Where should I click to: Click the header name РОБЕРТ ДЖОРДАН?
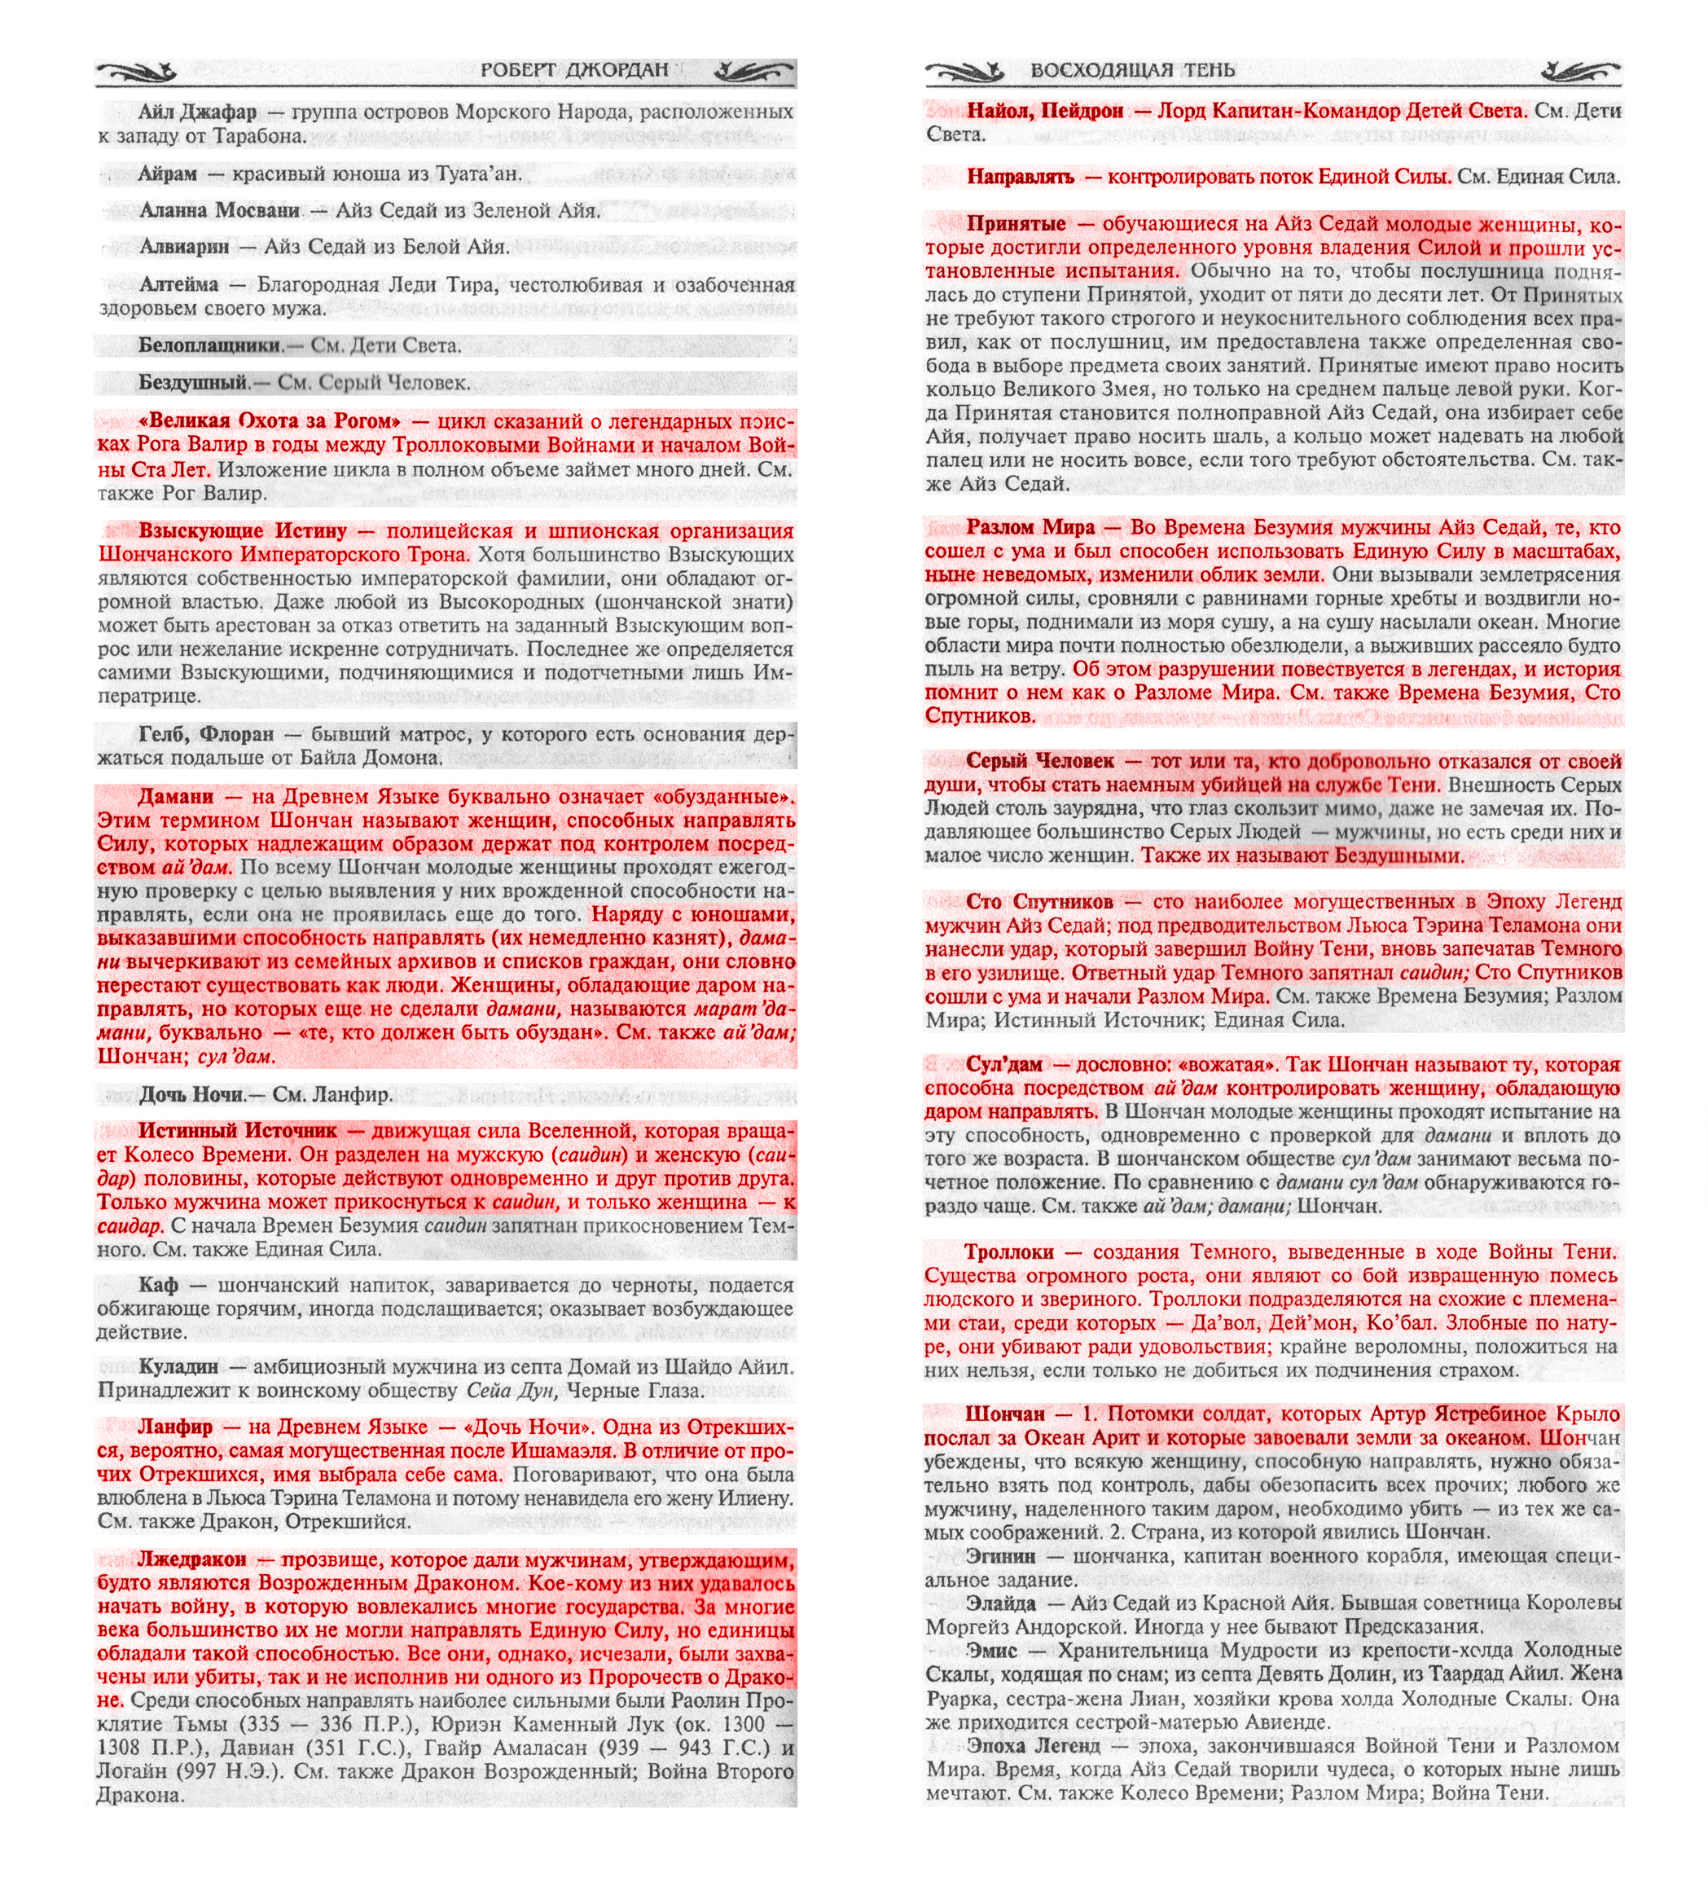pyautogui.click(x=573, y=70)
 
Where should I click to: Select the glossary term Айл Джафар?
pyautogui.click(x=197, y=112)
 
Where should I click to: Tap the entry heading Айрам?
pyautogui.click(x=168, y=174)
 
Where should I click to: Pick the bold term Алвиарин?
pyautogui.click(x=184, y=247)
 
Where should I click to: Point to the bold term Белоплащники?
pyautogui.click(x=210, y=345)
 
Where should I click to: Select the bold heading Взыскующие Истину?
pyautogui.click(x=243, y=531)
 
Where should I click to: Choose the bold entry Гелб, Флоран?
pyautogui.click(x=206, y=735)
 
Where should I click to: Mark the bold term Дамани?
pyautogui.click(x=175, y=797)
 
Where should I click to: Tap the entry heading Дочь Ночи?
pyautogui.click(x=191, y=1094)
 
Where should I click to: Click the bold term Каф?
pyautogui.click(x=157, y=1286)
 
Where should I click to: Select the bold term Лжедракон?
pyautogui.click(x=192, y=1559)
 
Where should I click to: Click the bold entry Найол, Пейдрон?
pyautogui.click(x=1045, y=111)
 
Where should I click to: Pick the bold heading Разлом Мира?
pyautogui.click(x=1030, y=527)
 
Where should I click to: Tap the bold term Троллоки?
pyautogui.click(x=1008, y=1252)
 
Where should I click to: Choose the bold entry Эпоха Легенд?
pyautogui.click(x=1033, y=1745)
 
